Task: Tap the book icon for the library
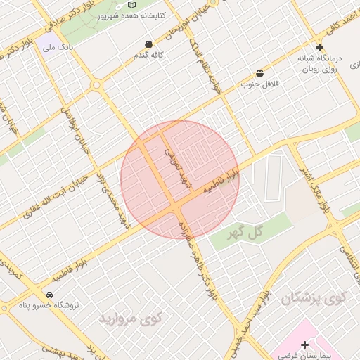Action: coord(132,4)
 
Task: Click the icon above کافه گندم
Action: coord(148,44)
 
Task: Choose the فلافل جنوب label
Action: coord(260,84)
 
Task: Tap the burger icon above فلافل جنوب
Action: coord(260,73)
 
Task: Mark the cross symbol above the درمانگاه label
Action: coord(319,47)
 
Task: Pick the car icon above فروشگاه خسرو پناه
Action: coord(51,294)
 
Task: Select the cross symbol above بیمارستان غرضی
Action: coord(304,345)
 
